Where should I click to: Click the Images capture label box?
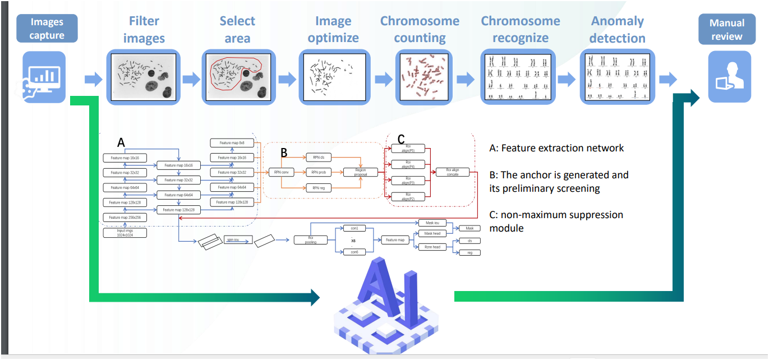47,29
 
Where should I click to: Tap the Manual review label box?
727,30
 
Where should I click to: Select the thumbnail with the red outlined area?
238,77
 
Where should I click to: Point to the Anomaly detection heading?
618,30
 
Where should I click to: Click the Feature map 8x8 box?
232,143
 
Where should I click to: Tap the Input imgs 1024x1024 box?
125,232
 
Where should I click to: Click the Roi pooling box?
310,240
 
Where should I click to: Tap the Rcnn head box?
432,247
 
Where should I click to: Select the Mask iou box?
432,223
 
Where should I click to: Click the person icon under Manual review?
729,76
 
